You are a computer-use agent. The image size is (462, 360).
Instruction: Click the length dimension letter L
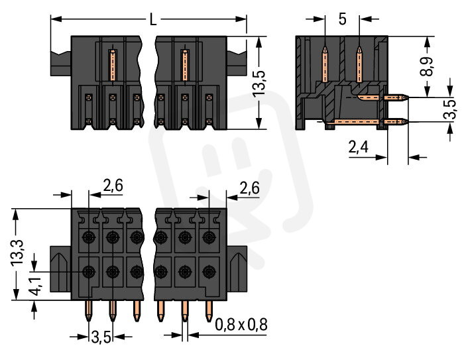click(x=153, y=20)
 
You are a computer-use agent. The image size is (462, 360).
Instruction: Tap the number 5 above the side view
click(x=342, y=19)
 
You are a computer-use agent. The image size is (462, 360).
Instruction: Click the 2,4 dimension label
click(x=358, y=149)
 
